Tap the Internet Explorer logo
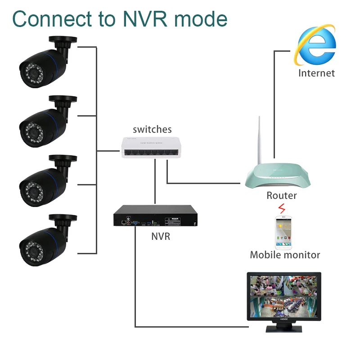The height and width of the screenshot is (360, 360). (316, 45)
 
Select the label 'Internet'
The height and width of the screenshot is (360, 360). (316, 73)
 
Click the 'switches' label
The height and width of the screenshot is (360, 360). (152, 130)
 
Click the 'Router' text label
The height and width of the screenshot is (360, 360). (282, 195)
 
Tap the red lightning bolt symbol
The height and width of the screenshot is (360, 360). (282, 209)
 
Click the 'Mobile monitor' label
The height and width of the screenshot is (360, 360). (285, 255)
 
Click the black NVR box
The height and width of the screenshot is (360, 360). (155, 216)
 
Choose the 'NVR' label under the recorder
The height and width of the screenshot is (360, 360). (161, 236)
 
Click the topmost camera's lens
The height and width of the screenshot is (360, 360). (30, 71)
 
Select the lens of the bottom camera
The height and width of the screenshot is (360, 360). (30, 248)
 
